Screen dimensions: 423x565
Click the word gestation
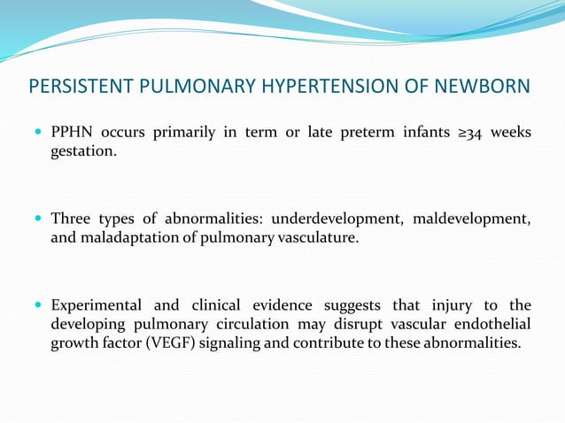[x=83, y=151]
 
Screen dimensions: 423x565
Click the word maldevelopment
[x=475, y=219]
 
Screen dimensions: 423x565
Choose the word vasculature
[x=321, y=237]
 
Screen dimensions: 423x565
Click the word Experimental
[x=97, y=305]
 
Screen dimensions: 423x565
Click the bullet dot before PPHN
[x=37, y=133]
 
